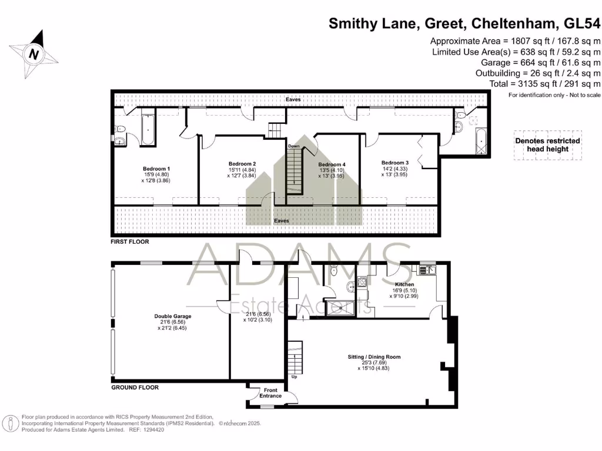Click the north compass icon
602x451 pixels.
coord(34,54)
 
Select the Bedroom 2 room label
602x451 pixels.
coord(242,163)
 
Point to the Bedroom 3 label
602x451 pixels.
coord(394,163)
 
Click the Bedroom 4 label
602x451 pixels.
coord(332,164)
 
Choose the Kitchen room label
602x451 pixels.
coord(405,284)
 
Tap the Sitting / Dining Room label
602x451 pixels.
coord(373,356)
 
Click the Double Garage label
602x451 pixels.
coord(169,316)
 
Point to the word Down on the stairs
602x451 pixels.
coord(294,146)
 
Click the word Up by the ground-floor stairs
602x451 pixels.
coord(294,377)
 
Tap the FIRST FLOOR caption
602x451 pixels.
coord(130,241)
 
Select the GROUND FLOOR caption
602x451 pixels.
coord(135,388)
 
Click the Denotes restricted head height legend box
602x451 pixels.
coord(547,144)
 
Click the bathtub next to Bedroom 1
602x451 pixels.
coord(148,129)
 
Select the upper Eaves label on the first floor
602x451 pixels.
coord(293,100)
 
